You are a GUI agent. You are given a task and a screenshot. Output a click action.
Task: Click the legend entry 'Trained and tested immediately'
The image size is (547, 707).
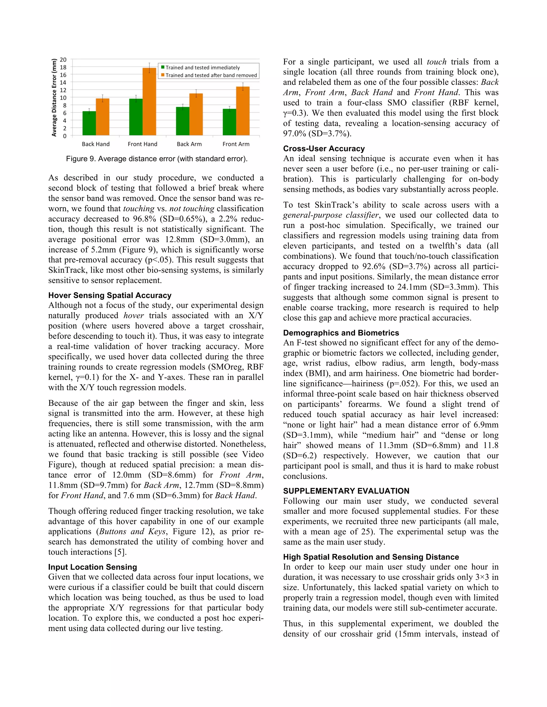[x=202, y=67]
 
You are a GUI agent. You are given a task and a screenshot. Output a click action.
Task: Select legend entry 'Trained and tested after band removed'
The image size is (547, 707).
[x=211, y=76]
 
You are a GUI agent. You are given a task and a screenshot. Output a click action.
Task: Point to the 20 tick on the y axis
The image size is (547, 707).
[x=63, y=59]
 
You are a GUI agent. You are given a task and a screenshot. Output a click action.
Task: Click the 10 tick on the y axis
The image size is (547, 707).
[x=63, y=97]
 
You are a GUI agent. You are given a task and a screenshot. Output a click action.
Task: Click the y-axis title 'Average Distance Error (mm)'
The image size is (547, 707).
[x=54, y=97]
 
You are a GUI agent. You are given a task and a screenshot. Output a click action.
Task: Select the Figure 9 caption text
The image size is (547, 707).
[x=157, y=159]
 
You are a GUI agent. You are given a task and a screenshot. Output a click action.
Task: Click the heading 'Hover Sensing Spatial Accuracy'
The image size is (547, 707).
[x=110, y=295]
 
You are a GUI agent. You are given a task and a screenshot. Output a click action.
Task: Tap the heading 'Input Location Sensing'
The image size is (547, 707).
[x=93, y=567]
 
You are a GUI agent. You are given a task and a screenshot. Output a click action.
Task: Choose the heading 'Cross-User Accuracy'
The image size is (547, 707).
[x=324, y=149]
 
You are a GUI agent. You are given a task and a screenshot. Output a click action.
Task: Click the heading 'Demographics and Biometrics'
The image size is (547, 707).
[x=341, y=333]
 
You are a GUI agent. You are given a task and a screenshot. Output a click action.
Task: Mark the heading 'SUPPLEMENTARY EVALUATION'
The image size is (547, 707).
[x=346, y=491]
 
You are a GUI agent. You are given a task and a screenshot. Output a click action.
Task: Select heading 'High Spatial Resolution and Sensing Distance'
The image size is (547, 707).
[x=371, y=557]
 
